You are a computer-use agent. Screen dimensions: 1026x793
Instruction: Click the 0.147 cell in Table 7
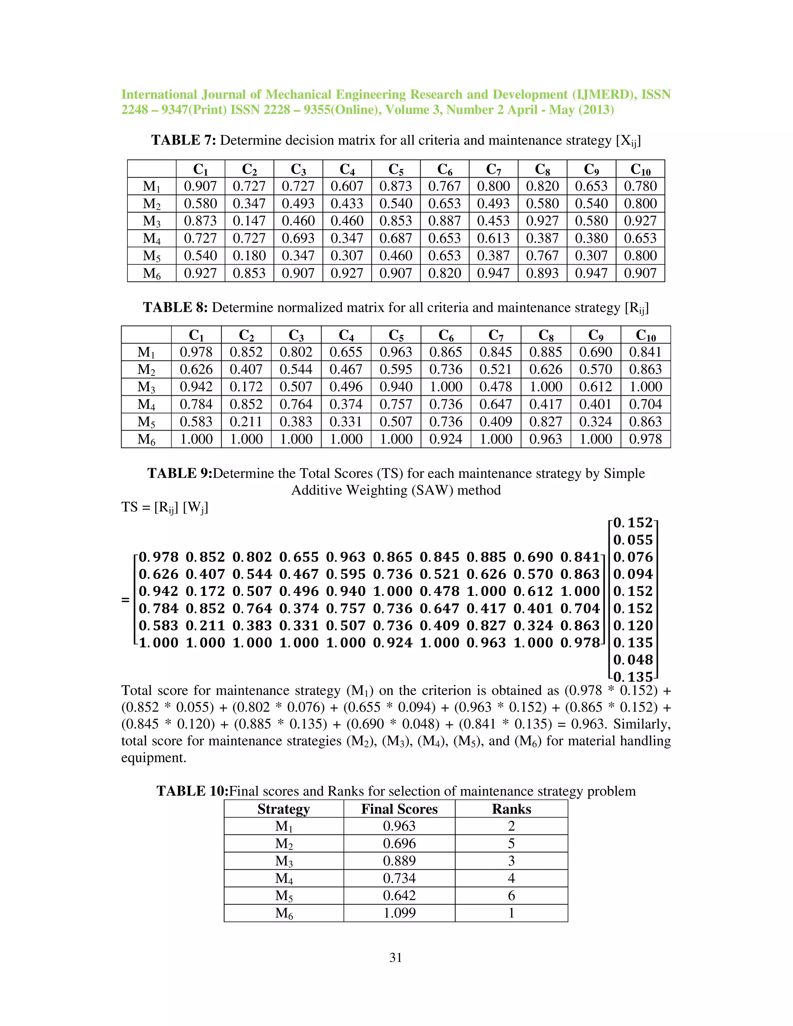pos(249,221)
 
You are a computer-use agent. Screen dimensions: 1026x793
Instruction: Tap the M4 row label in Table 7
pos(151,238)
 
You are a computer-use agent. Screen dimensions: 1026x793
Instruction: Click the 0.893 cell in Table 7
pos(542,273)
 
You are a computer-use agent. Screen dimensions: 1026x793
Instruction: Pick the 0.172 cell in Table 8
pos(246,387)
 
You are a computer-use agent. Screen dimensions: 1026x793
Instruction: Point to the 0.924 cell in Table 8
pos(445,439)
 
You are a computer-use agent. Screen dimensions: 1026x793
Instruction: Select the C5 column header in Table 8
pos(396,335)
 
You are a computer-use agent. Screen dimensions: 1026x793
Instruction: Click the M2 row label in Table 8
pos(146,370)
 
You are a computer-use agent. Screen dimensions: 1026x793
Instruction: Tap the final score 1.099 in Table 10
pos(399,913)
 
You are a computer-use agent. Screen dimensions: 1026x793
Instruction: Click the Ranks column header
pos(511,809)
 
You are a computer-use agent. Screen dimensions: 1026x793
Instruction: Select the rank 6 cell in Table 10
pos(511,896)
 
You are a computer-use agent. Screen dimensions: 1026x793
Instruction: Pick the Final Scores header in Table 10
pos(399,809)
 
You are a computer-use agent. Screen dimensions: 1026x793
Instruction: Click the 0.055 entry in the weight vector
pos(633,540)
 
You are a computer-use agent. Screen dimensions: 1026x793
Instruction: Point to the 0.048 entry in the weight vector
pos(633,660)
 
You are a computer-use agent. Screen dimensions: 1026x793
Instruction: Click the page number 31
pos(396,957)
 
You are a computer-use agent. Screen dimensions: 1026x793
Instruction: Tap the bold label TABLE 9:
pos(180,473)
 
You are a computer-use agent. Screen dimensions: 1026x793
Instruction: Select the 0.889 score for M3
pos(399,861)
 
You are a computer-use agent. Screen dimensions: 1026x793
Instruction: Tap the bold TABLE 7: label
pos(183,140)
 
